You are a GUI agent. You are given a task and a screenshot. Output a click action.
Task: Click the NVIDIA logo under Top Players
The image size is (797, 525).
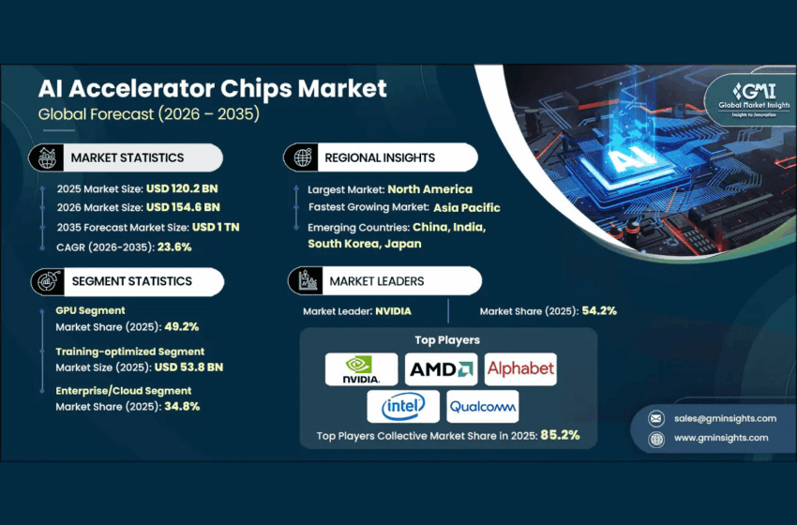click(361, 369)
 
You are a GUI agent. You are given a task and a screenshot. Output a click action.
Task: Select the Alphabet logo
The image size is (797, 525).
click(520, 369)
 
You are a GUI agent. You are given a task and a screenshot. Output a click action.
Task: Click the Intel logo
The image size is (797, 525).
click(402, 407)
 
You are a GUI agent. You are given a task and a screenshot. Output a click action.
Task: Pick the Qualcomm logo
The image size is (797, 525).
click(482, 407)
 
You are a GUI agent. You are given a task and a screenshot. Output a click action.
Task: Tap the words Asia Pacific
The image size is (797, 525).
click(466, 207)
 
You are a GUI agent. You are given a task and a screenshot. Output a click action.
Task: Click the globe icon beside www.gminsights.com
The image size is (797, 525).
click(656, 438)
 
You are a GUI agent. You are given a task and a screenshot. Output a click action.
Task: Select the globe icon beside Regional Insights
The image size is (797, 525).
click(303, 157)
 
